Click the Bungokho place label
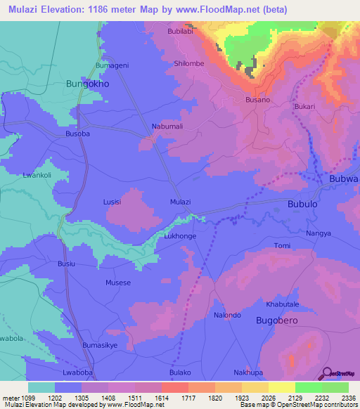87,84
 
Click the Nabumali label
167,126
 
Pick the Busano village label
257,100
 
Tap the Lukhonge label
180,237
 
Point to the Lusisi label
112,202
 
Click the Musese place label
118,283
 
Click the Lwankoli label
38,175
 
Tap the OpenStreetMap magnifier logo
326,372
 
